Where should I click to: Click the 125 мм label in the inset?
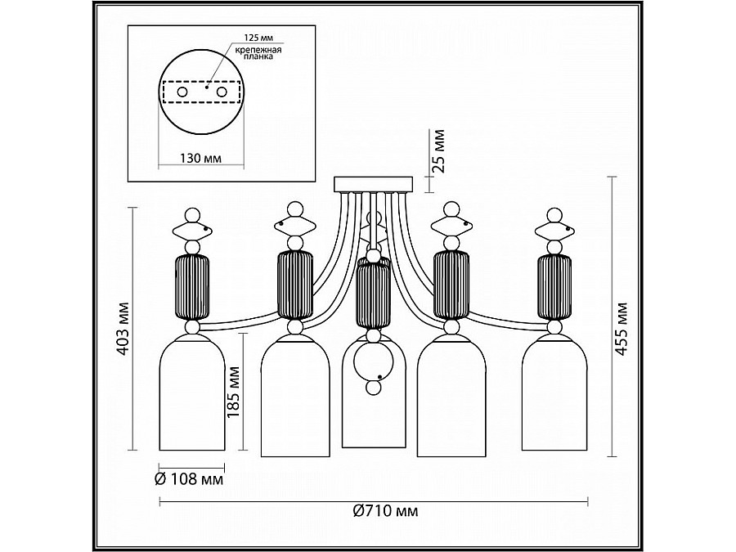[258, 37]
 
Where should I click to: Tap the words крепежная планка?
[258, 53]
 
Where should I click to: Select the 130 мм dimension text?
[201, 158]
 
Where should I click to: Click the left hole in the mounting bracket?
[182, 92]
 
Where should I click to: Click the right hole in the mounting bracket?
[221, 92]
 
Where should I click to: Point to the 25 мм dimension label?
[438, 150]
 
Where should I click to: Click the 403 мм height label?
[123, 328]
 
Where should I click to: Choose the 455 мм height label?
[622, 329]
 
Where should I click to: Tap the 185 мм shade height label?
[233, 392]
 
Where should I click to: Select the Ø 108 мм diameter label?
[189, 479]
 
